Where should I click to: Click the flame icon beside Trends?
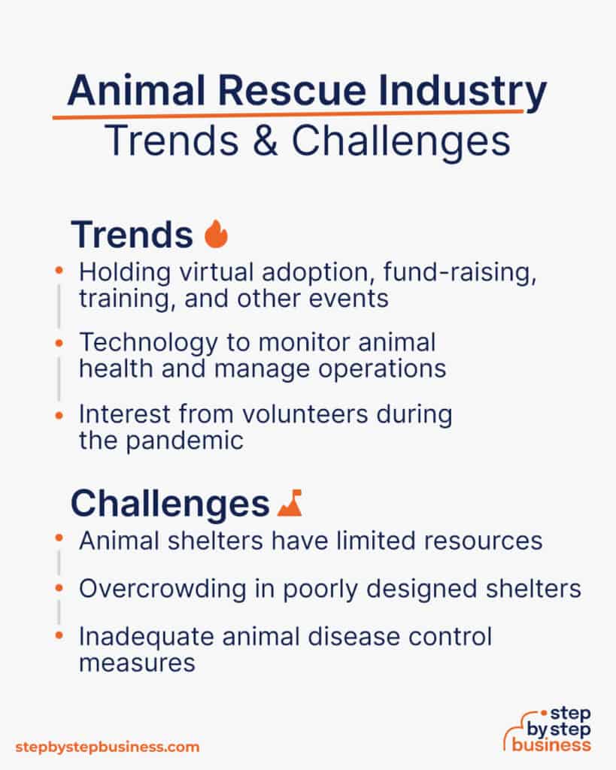point(216,235)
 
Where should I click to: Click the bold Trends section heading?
point(132,235)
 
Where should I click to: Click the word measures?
point(137,663)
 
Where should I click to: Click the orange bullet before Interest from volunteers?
point(59,414)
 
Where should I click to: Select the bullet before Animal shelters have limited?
point(59,538)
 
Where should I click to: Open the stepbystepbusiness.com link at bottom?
point(107,747)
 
